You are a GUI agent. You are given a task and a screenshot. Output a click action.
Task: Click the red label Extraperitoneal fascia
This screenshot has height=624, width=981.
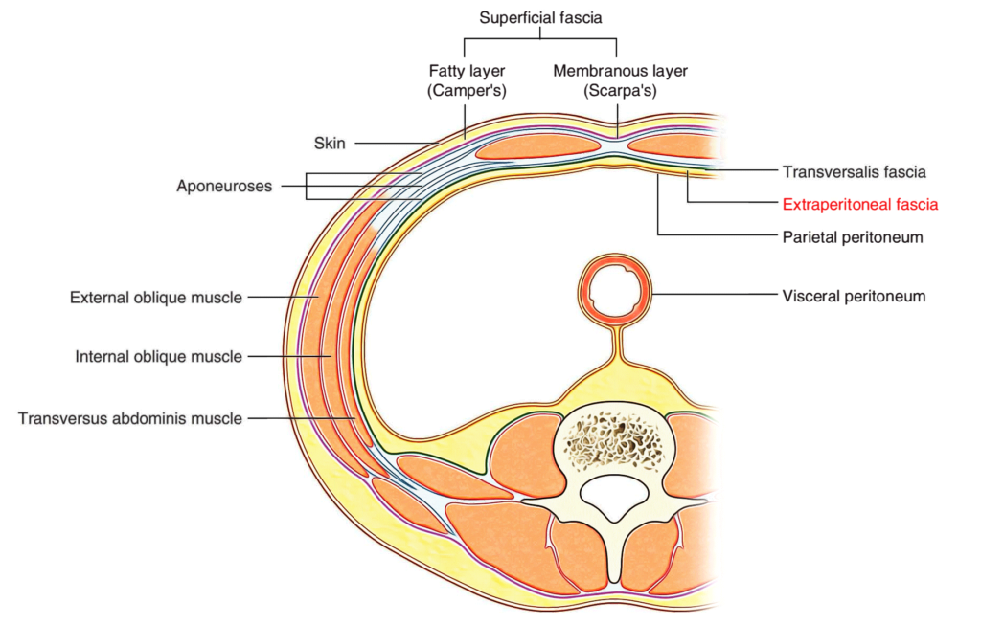tap(859, 204)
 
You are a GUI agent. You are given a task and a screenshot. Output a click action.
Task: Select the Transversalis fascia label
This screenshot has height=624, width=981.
tap(854, 172)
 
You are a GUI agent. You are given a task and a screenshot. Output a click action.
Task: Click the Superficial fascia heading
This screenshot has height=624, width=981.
tap(541, 16)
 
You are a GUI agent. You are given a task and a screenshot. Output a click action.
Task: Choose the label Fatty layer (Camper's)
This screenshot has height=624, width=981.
tap(466, 80)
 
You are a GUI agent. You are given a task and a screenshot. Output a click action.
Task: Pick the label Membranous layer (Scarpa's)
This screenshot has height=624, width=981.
tap(621, 80)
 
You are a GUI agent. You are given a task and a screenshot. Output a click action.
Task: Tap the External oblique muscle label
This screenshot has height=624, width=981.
tap(155, 298)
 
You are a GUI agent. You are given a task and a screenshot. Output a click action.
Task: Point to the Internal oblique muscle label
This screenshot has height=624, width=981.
tap(158, 357)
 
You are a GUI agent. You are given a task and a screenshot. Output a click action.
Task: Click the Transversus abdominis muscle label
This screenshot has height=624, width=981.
tap(129, 418)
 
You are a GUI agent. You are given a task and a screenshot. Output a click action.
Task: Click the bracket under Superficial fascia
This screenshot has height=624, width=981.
tap(541, 40)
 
